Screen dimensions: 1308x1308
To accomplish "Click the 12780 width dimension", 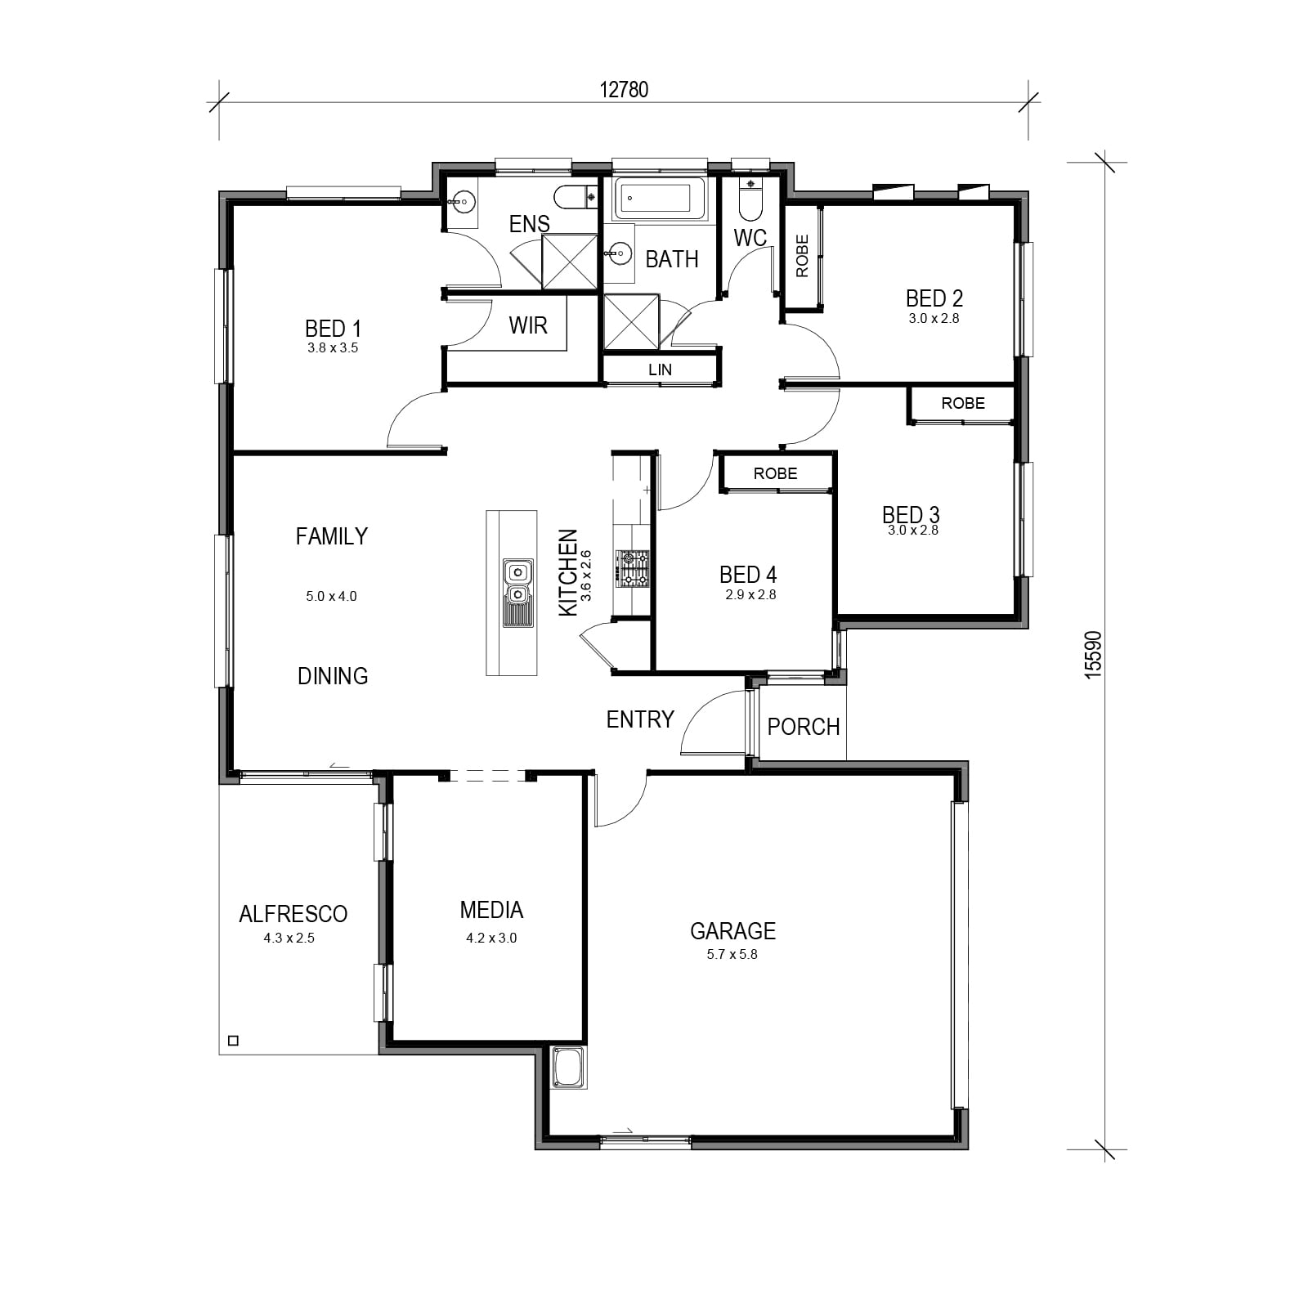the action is point(624,89).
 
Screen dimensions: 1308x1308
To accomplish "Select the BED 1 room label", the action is point(333,329).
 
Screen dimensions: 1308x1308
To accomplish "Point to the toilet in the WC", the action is point(749,199).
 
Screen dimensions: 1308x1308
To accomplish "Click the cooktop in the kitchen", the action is point(633,568).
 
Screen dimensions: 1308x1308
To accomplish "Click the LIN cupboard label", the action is point(660,370).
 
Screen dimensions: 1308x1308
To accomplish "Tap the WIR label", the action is point(528,325).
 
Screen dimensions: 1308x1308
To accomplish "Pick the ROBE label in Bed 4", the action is point(775,473).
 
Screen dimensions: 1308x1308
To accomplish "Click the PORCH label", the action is point(804,727).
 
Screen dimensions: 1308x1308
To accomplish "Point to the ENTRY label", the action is point(640,719).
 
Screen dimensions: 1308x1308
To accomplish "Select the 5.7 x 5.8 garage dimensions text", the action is point(732,954).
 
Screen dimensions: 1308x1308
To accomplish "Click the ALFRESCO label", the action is point(293,914).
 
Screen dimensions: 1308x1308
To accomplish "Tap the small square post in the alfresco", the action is point(233,1041).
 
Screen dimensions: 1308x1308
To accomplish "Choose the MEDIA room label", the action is point(491,910).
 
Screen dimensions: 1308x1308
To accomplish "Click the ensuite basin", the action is point(463,201).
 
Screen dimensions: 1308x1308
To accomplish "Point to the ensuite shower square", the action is point(570,261).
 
